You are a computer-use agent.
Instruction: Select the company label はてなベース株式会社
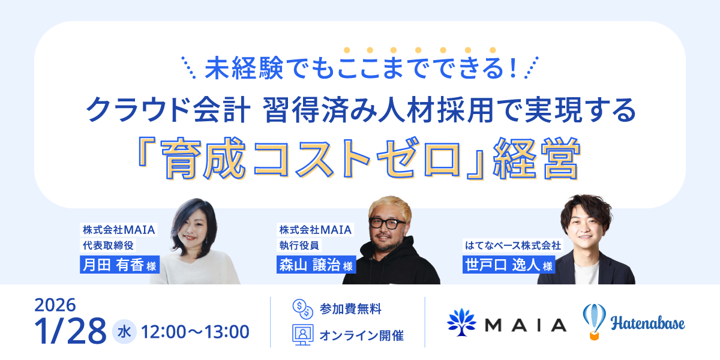(x=512, y=245)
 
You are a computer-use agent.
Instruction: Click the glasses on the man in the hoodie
(x=387, y=223)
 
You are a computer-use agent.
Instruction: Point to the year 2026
(x=55, y=305)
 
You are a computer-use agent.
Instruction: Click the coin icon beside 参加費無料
(x=302, y=310)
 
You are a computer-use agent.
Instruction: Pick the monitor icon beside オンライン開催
(x=302, y=335)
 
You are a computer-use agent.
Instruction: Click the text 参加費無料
(x=351, y=310)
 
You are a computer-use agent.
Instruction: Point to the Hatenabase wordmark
(x=648, y=324)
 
